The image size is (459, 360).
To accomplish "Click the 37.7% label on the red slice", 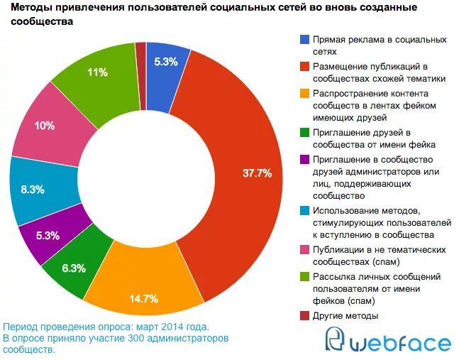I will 257,173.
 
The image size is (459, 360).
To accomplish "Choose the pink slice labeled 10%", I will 44,126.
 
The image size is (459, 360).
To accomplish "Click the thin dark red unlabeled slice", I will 140,75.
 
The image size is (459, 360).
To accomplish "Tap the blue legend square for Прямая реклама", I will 305,40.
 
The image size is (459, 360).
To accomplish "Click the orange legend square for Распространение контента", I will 305,94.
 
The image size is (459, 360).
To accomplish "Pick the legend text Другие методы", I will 345,315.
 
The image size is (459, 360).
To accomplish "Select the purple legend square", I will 305,159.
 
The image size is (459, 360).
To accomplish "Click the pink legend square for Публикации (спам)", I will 305,250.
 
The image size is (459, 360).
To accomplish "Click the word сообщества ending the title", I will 43,21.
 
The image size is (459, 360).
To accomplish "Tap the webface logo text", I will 400,343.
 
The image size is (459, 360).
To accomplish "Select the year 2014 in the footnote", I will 169,327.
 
